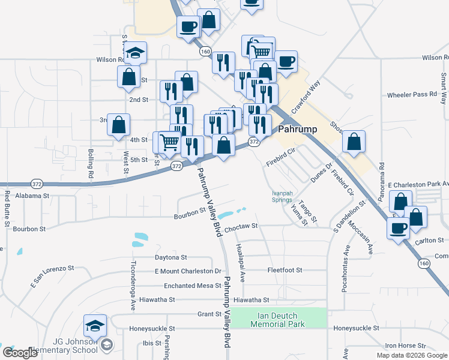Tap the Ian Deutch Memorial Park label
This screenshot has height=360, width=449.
point(279,320)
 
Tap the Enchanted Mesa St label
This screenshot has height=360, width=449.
point(188,286)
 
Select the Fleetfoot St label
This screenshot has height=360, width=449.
point(285,270)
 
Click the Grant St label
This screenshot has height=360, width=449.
point(210,314)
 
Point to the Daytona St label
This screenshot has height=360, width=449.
point(171,257)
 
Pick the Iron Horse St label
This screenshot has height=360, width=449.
point(405,346)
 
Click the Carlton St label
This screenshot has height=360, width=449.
point(429,241)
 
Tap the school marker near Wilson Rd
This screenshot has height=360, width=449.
point(137,53)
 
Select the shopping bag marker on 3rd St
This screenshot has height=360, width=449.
point(119,124)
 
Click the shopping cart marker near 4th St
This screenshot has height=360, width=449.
point(170,142)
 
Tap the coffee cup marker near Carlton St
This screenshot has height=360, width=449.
point(399,227)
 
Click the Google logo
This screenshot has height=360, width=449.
point(20,353)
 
